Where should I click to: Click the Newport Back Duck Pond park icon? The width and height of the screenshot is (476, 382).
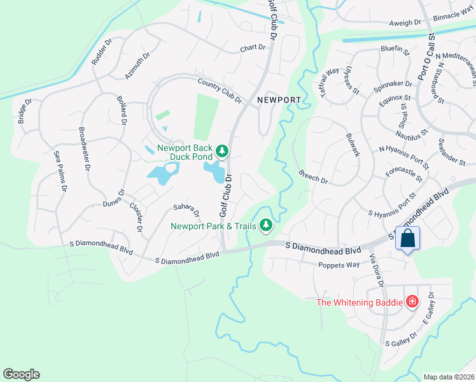(221, 151)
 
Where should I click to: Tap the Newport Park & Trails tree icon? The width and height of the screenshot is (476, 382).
(267, 225)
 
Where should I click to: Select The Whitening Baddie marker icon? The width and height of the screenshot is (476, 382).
(412, 301)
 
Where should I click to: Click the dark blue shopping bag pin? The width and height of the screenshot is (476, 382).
(407, 239)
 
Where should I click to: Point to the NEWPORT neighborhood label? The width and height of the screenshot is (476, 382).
(279, 100)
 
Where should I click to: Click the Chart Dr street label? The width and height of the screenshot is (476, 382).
(252, 48)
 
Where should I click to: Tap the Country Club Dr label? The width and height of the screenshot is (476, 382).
(220, 90)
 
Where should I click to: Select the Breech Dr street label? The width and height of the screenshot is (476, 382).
(313, 177)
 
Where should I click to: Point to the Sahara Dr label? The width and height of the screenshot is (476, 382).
(186, 210)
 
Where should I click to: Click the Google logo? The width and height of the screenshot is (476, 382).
(21, 374)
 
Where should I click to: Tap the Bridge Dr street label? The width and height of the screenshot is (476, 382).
(25, 111)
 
